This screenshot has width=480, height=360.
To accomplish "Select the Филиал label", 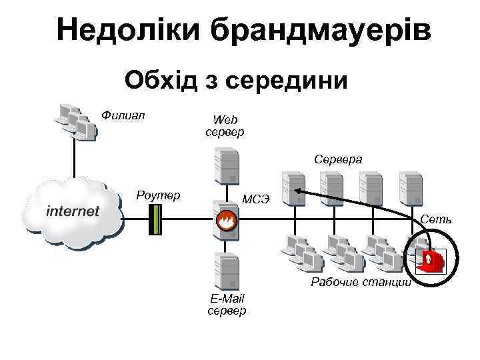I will [x=123, y=114].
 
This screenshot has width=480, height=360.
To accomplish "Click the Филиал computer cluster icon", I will [x=75, y=119].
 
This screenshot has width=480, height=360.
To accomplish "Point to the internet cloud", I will [x=73, y=211].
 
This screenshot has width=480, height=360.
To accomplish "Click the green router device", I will [x=155, y=219].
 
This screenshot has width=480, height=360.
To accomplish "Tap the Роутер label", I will [x=158, y=195].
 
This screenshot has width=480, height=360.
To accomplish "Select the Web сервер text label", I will [x=225, y=126].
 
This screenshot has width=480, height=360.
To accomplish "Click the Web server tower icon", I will [x=225, y=166].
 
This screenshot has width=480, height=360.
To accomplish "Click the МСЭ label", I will [x=256, y=199].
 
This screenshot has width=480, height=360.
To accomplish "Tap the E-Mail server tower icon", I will [x=225, y=269].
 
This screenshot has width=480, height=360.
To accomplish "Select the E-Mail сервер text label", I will [x=227, y=305].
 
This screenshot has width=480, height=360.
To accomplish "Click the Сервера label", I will [x=338, y=159].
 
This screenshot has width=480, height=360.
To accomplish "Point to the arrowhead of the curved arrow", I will [x=297, y=191].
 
